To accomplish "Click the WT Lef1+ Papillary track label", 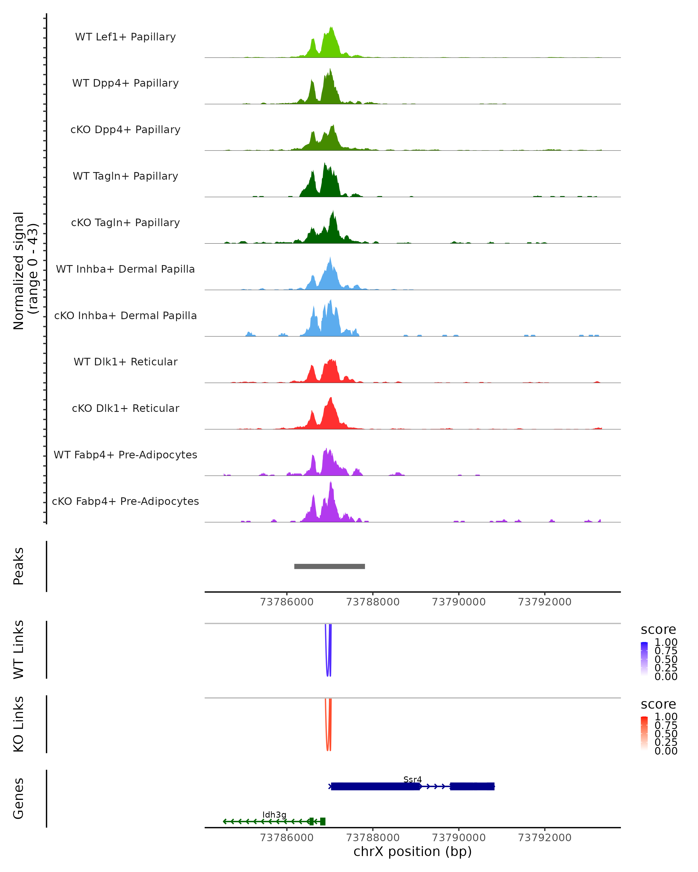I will coord(125,37).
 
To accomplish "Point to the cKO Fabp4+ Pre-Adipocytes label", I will coord(125,501).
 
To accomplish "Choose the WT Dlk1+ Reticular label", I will coord(125,362).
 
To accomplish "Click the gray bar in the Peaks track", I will coord(330,566).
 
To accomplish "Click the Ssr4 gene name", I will coord(412,779).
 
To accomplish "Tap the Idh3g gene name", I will coord(274,814).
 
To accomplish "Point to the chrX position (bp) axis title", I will coord(412,851).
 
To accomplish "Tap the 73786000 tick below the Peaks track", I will coord(286,602).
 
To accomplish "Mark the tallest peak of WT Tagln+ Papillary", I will coord(325,164).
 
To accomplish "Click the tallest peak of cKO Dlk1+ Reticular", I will coord(331,399).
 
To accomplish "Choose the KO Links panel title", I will coord(18,724).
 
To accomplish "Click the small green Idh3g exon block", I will coord(323,821).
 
